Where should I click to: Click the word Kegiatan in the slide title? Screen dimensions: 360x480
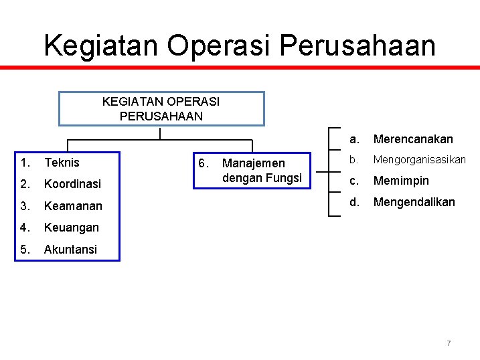pos(101,46)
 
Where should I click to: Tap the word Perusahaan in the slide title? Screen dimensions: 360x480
pos(357,46)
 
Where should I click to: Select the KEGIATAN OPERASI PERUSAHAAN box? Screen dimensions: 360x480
pos(161,108)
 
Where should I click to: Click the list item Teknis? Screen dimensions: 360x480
pos(62,163)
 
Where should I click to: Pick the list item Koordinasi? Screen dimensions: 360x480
pos(72,184)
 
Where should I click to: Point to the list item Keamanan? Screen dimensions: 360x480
pos(73,206)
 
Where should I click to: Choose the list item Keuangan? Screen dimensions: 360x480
pos(71,228)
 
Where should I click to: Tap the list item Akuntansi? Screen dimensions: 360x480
pos(70,250)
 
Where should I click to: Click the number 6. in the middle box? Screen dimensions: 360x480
pos(204,163)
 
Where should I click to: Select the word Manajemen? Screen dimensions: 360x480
pos(253,163)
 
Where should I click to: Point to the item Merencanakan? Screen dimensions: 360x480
pos(413,139)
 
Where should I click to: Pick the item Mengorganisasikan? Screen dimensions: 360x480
pos(419,160)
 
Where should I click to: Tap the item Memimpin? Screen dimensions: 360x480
pos(401,181)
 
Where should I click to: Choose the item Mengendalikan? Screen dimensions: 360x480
pos(414,202)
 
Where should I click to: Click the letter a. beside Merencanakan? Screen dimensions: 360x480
pos(355,139)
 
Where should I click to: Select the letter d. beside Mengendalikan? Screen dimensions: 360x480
pos(355,202)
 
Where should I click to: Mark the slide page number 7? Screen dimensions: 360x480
pos(449,343)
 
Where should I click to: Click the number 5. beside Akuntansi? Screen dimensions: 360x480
pos(25,250)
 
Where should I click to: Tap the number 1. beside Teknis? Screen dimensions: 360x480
pos(25,163)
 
